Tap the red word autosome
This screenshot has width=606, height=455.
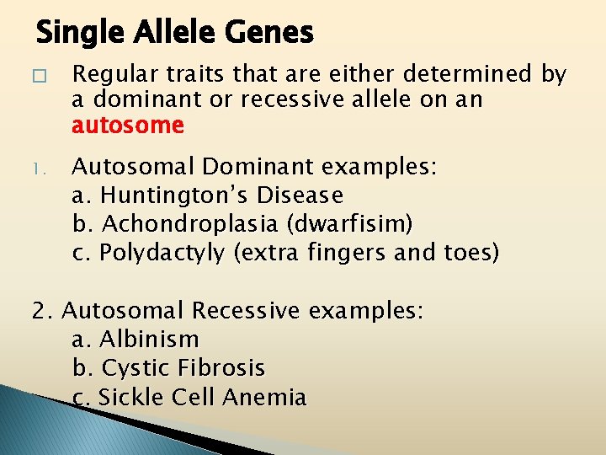point(128,126)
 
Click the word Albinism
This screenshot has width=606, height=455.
point(149,340)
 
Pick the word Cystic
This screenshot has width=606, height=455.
point(136,368)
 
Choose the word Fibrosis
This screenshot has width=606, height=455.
point(221,368)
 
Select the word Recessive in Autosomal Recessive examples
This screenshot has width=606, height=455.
point(246,311)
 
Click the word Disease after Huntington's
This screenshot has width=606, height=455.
point(301,195)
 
